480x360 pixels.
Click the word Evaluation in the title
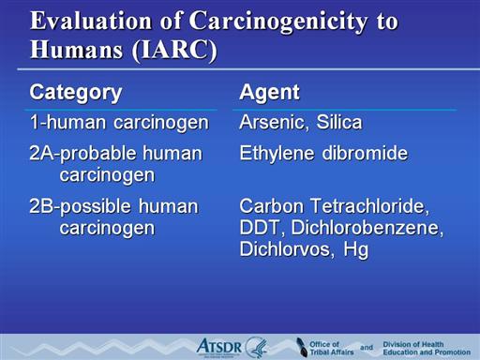click(91, 21)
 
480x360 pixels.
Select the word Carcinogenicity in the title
click(278, 22)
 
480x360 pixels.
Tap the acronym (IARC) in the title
click(174, 50)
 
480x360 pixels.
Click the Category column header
click(76, 93)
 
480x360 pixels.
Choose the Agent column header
click(269, 93)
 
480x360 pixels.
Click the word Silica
click(339, 122)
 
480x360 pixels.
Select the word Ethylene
click(277, 154)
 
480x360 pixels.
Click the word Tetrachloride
click(370, 206)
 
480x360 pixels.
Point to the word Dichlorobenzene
click(367, 228)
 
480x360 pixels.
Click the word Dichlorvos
click(285, 249)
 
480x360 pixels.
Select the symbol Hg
click(355, 250)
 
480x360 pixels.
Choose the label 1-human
click(67, 122)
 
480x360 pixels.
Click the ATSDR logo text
click(219, 347)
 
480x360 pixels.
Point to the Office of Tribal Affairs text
click(331, 348)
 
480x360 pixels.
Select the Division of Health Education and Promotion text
click(427, 348)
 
